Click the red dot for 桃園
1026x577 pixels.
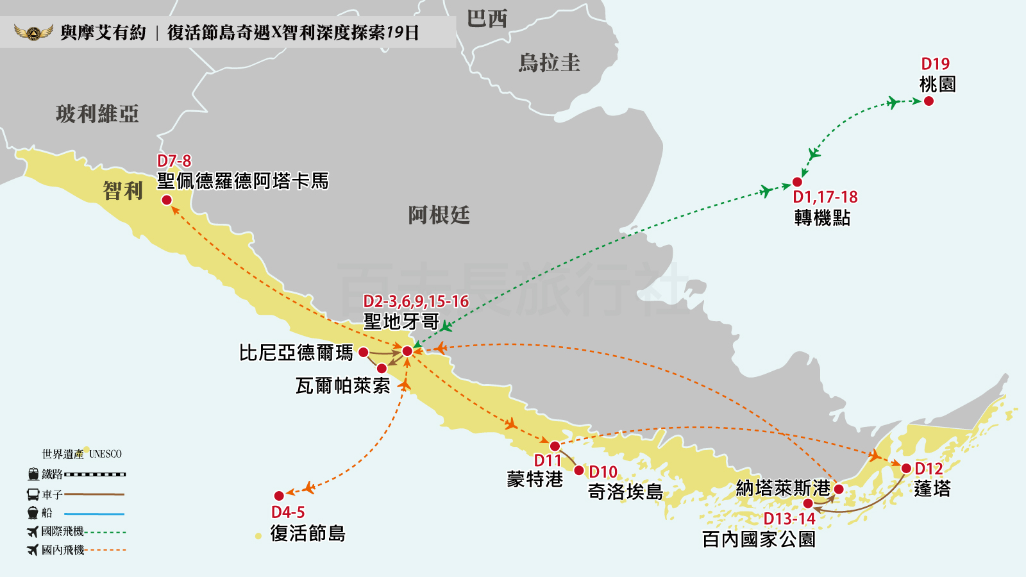coord(929,101)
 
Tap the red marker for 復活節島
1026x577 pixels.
coord(279,496)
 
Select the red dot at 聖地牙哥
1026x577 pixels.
coord(407,351)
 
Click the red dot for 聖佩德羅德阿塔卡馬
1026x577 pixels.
coord(167,200)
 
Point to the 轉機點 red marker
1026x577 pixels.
coord(798,182)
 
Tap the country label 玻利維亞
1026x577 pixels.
coord(97,114)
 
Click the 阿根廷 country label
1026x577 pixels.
coord(439,215)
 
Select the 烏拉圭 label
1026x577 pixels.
coord(550,63)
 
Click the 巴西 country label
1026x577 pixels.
coord(487,18)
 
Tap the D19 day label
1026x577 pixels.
coord(935,64)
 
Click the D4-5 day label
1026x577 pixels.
coord(288,512)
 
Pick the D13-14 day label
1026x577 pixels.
coord(789,519)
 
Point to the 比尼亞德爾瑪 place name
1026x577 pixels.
coord(296,353)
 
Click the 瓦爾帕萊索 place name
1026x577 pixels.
coord(342,385)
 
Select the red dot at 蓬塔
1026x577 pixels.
coord(906,469)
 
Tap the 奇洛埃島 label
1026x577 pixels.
coord(625,492)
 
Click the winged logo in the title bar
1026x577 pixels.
coord(34,32)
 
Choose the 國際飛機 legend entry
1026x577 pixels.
coord(62,531)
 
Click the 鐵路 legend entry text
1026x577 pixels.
coord(52,474)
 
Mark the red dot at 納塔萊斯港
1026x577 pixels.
coord(839,489)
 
